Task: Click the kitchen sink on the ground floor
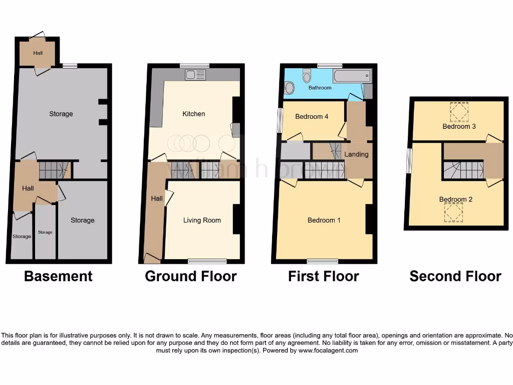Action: click(195, 75)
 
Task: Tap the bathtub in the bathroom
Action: click(352, 76)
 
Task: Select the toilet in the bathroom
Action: click(307, 76)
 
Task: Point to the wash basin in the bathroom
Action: click(289, 88)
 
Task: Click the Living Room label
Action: click(202, 220)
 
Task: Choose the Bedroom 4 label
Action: click(312, 116)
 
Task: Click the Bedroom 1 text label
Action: click(324, 220)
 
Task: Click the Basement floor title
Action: click(58, 276)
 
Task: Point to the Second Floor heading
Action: click(455, 276)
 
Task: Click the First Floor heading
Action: click(323, 276)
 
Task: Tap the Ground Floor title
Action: click(190, 276)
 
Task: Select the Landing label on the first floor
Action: click(356, 154)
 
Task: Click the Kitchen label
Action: click(193, 114)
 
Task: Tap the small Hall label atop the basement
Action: click(38, 53)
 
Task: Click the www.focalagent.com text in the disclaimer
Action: click(328, 351)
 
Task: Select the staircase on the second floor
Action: click(463, 170)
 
